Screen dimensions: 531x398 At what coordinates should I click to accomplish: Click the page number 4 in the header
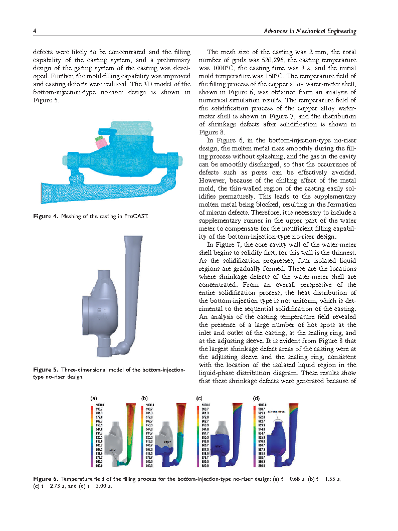tap(35, 32)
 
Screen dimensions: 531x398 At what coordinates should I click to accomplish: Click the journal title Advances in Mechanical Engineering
tap(310, 32)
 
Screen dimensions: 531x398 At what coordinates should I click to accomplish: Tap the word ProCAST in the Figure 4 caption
tap(137, 216)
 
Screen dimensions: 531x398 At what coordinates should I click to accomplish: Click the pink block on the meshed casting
tap(102, 143)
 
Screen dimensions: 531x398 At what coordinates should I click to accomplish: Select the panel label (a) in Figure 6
tap(93, 398)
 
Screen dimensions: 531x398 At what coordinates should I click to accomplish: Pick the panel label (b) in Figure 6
tap(145, 398)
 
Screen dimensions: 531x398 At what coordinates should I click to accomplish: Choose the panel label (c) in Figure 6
tap(199, 398)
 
